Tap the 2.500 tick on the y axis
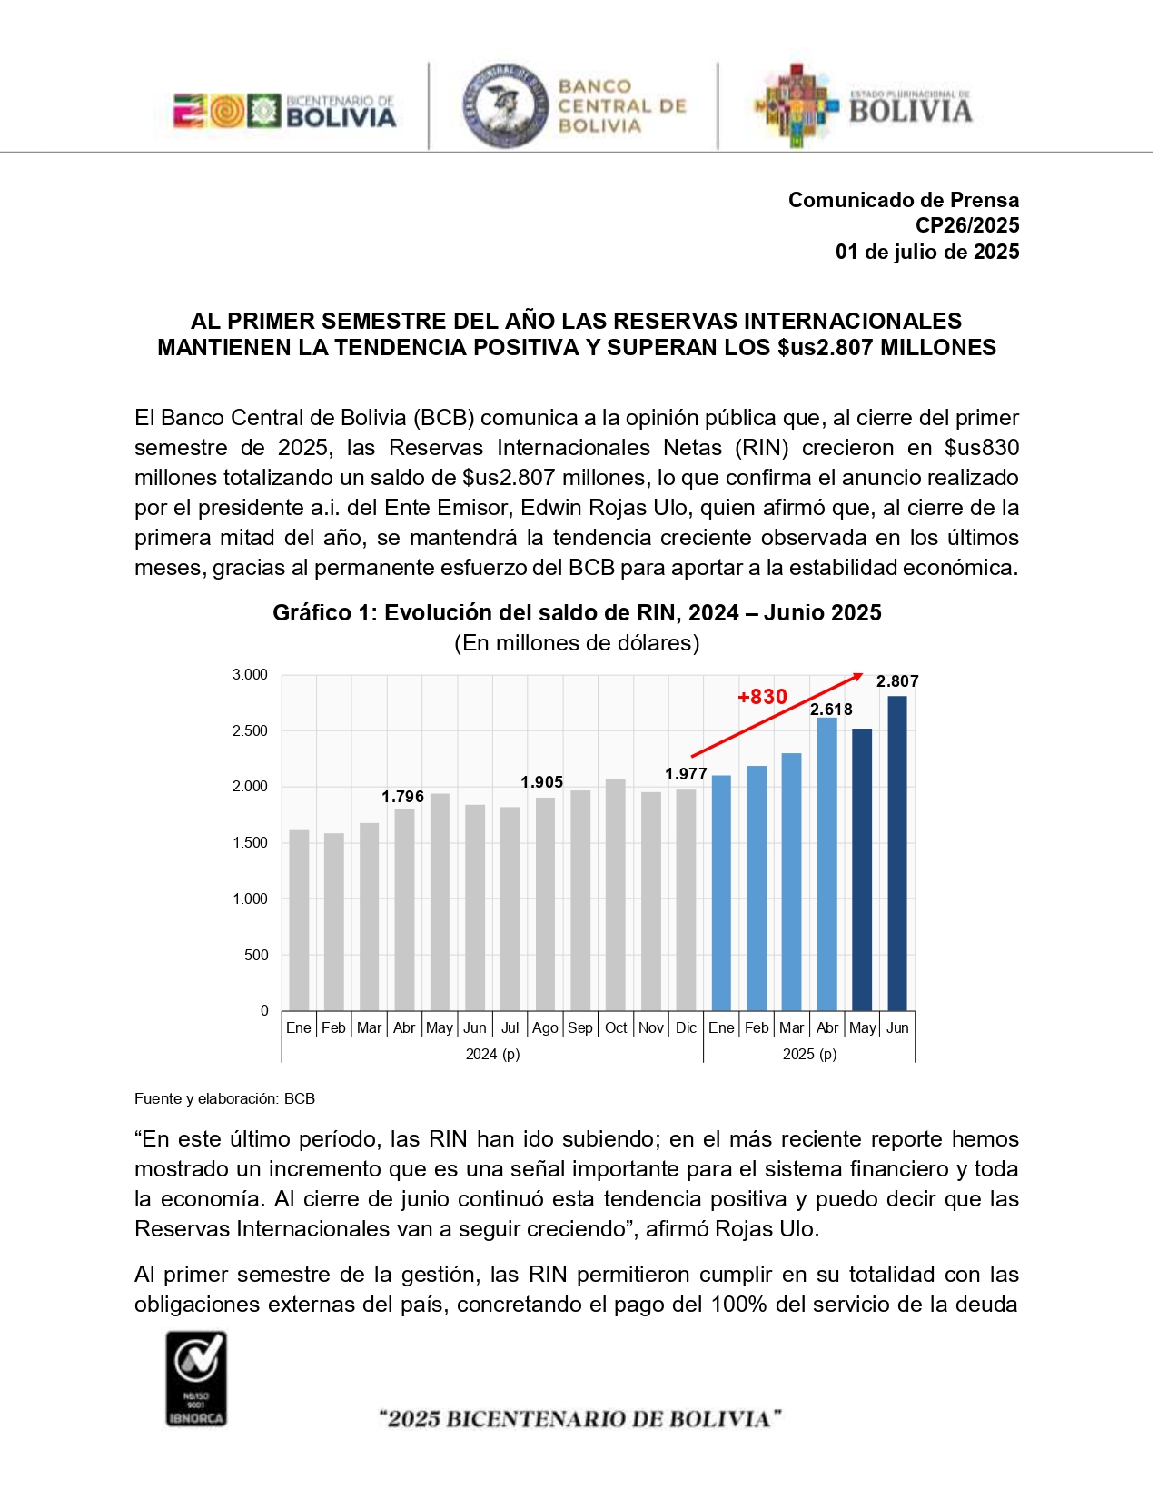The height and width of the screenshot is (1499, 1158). click(x=251, y=732)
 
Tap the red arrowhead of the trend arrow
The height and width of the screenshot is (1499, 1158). click(x=858, y=677)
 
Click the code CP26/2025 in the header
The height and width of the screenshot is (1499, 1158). click(x=968, y=226)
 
